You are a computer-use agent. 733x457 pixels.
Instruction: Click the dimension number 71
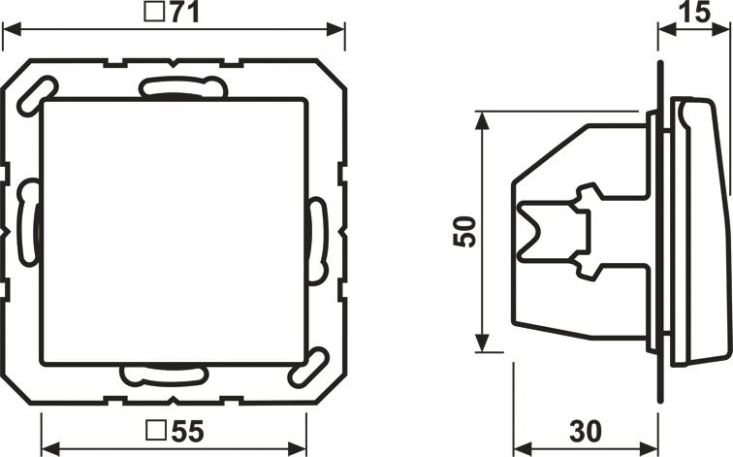coord(183,13)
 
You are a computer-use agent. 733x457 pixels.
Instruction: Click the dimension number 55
coord(187,431)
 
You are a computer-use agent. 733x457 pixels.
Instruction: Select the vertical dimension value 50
coord(464,231)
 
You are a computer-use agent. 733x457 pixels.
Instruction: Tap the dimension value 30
coord(586,431)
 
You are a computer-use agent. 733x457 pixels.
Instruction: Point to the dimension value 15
coord(694,12)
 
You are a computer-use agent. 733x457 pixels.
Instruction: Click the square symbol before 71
coord(154,12)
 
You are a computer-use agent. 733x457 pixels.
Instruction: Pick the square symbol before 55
coord(156,431)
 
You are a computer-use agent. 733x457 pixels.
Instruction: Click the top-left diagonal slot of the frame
coord(37,96)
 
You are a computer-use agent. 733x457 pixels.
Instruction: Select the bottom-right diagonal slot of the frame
coord(308,368)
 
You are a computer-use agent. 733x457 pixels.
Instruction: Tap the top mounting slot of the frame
coord(183,87)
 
